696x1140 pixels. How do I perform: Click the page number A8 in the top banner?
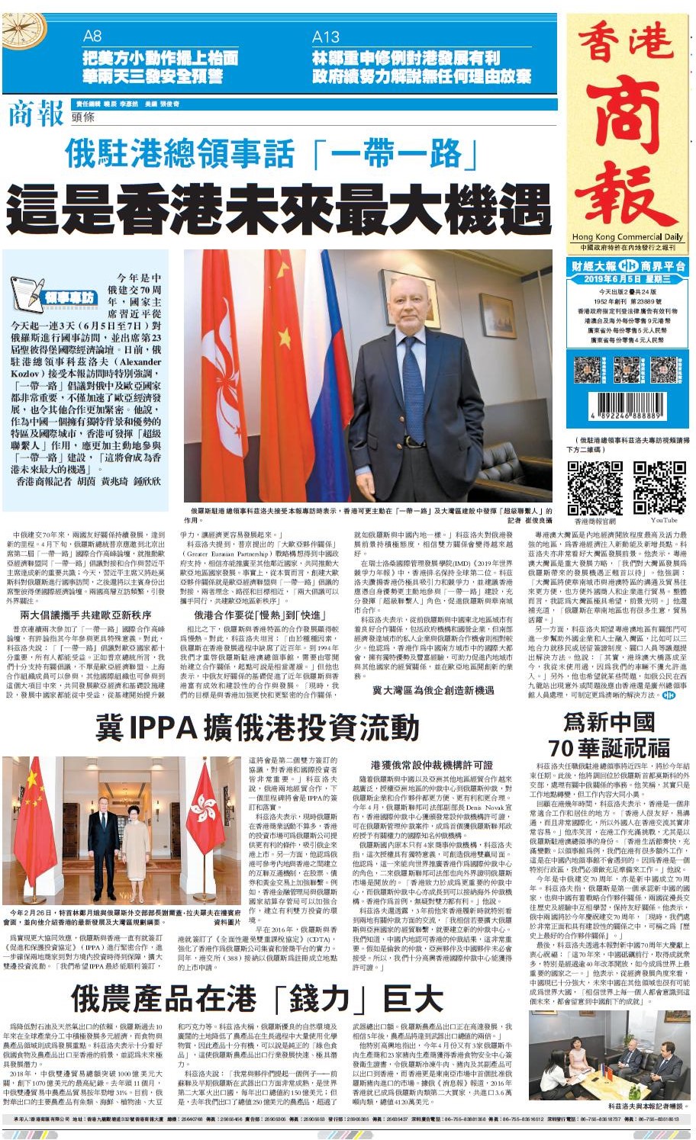92,36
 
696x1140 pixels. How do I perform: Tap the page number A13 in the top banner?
326,37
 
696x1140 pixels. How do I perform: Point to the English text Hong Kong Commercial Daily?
627,237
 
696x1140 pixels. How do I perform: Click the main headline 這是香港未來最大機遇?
279,207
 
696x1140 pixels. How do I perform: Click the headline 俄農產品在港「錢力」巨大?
257,997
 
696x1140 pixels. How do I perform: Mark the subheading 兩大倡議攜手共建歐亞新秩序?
85,615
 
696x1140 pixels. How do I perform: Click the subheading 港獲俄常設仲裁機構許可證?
431,764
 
